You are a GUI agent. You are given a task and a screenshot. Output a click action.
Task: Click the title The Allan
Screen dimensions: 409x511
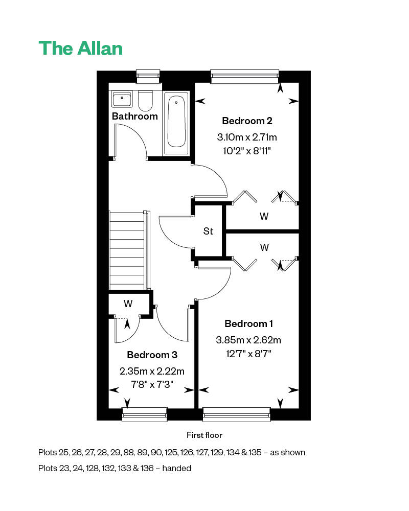(81, 48)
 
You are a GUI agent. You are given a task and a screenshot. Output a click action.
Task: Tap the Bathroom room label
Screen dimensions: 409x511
(134, 117)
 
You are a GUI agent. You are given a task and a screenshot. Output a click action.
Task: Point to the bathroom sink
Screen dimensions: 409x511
(122, 99)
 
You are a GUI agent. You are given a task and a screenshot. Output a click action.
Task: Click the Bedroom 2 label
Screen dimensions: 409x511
(247, 121)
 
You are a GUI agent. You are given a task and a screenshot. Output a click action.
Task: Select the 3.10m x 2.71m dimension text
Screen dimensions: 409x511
(247, 137)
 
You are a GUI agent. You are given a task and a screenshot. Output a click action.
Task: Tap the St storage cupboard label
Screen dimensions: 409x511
(208, 231)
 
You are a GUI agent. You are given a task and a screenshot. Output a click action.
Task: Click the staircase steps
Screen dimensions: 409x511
(127, 250)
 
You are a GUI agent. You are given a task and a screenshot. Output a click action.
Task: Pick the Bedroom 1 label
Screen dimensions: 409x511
(248, 323)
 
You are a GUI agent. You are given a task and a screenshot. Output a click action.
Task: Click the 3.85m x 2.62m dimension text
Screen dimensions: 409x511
(248, 340)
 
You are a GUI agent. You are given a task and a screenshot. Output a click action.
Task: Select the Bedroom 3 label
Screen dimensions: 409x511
(152, 355)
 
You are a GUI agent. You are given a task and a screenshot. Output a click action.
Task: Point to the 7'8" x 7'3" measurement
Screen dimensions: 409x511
(152, 385)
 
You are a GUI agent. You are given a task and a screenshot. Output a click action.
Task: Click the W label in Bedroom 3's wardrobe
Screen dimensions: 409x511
(128, 304)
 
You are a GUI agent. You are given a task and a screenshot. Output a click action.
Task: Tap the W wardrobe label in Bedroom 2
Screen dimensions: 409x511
(264, 216)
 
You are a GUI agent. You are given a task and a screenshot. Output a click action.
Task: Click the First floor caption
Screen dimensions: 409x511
(204, 435)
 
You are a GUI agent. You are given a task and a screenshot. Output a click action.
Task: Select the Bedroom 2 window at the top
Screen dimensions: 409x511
(245, 76)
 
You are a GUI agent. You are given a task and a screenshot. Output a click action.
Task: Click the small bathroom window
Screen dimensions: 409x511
(148, 76)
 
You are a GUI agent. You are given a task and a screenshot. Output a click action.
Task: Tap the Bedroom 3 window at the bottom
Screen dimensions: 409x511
(145, 414)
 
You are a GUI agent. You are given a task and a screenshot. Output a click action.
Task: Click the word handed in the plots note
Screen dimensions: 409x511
(177, 468)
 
